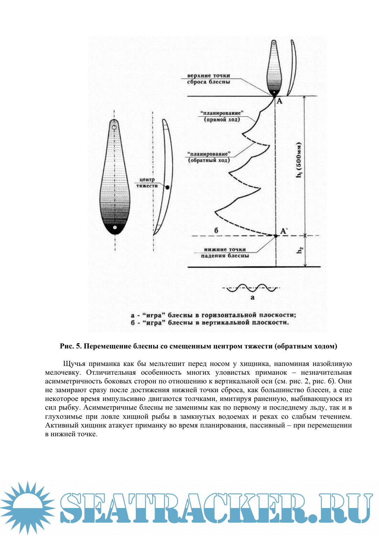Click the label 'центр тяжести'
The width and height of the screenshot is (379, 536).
click(147, 183)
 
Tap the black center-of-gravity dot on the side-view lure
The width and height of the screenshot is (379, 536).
click(167, 188)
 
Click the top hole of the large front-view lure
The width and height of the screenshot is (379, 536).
click(114, 127)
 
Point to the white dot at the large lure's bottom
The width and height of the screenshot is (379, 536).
click(114, 227)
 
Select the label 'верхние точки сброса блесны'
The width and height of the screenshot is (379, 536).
click(209, 79)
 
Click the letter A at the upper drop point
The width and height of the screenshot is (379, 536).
click(279, 101)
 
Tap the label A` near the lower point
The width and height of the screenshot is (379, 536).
click(284, 231)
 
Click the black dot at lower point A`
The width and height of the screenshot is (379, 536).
click(275, 236)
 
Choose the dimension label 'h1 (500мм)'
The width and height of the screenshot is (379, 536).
click(299, 160)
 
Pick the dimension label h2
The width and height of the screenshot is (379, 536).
click(300, 251)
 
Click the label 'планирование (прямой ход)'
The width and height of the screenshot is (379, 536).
click(222, 117)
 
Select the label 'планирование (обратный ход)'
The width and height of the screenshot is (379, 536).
click(209, 157)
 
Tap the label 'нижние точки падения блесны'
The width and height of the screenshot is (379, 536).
click(225, 253)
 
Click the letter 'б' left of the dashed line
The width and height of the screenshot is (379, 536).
click(216, 231)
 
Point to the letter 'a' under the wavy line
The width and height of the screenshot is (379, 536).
click(252, 297)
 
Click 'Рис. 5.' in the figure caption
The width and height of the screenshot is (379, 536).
click(71, 346)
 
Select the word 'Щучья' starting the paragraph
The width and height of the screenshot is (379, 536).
click(74, 364)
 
